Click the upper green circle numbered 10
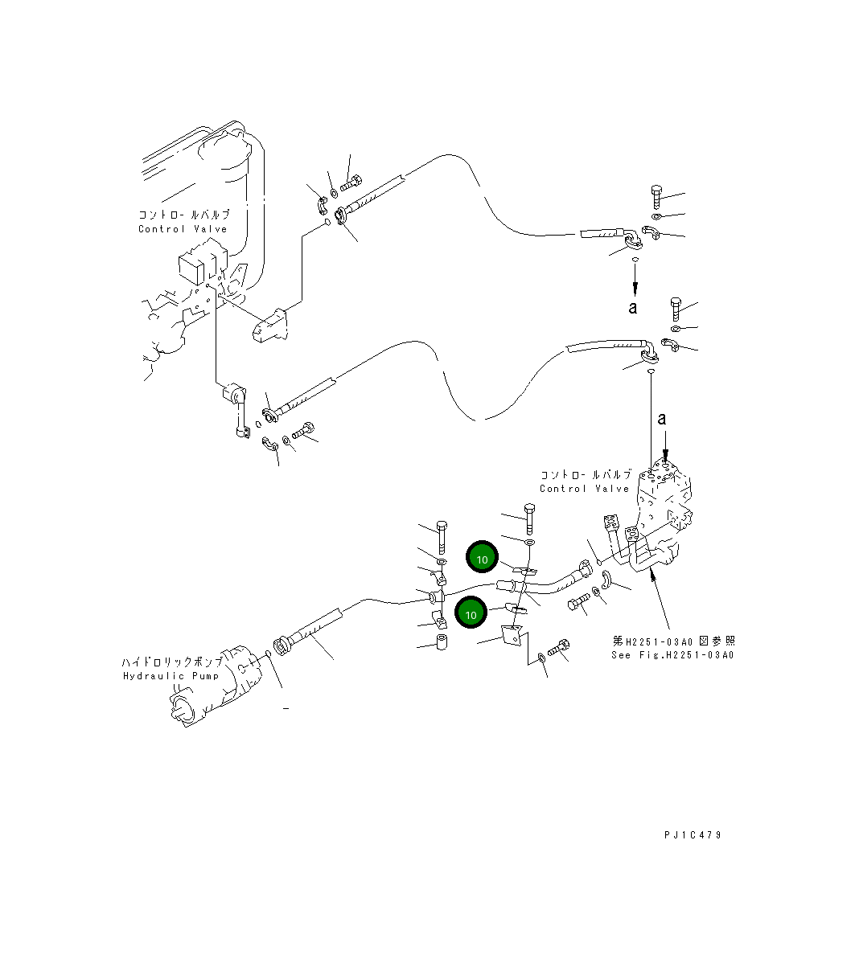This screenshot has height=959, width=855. tap(482, 559)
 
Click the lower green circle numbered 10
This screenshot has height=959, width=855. tap(471, 614)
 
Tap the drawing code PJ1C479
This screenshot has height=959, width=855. tap(693, 834)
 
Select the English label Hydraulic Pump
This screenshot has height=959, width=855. tap(171, 676)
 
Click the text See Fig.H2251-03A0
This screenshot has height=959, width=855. tap(672, 654)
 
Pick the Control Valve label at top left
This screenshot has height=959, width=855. tap(183, 229)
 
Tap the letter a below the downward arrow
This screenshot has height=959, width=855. tap(634, 307)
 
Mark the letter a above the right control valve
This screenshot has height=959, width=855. tap(662, 418)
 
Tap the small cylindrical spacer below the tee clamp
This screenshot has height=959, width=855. tap(441, 643)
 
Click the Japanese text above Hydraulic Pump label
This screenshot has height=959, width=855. tap(171, 662)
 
